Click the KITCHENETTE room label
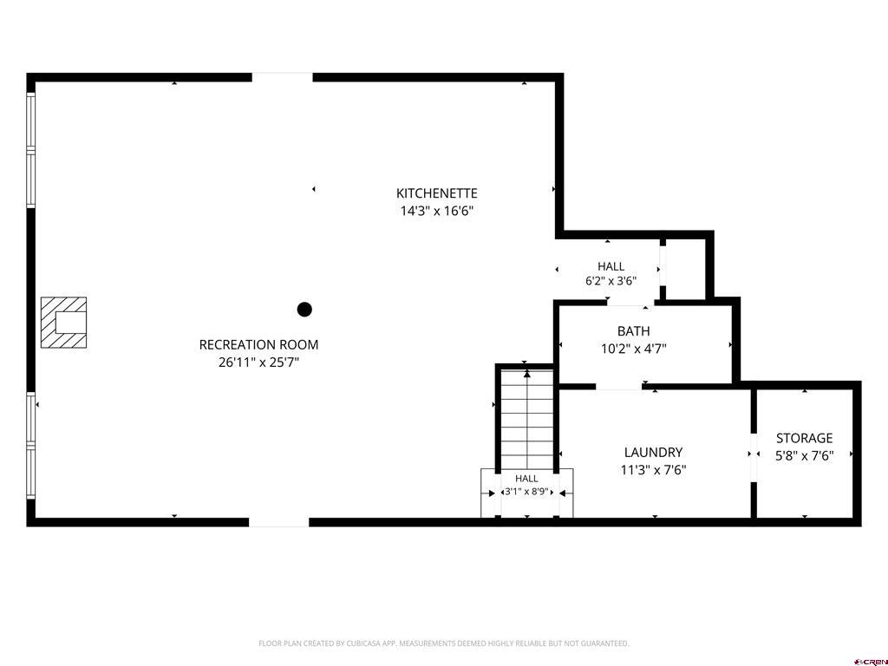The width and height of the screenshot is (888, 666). point(437,193)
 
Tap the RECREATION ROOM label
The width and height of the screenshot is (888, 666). point(258,344)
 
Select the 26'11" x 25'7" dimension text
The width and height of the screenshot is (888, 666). point(258,362)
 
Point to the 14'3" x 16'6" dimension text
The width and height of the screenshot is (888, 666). point(437,211)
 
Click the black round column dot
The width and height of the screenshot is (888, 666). point(304,310)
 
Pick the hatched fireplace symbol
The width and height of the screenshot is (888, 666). point(63,323)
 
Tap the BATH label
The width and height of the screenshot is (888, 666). point(634,330)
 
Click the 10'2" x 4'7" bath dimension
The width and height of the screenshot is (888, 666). point(634,349)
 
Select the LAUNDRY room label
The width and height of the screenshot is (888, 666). point(654,452)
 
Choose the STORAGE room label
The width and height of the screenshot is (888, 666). point(804,438)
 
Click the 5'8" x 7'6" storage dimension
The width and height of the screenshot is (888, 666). point(804,455)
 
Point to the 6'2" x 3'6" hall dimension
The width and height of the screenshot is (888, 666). point(611,280)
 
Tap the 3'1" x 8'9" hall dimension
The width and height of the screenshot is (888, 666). point(526,492)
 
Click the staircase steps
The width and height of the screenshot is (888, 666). point(527,420)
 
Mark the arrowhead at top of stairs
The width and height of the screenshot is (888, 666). point(527,374)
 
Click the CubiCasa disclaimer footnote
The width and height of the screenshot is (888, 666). point(443,643)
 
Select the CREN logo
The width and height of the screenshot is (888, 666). point(872,662)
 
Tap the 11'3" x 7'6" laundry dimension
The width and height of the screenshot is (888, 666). point(654,469)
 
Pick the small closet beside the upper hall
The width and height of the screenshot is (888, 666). point(685,269)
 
